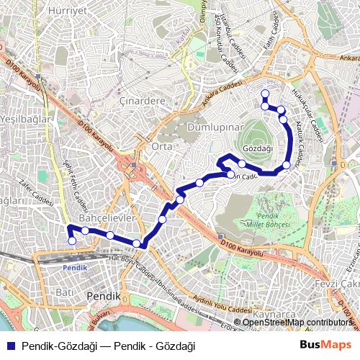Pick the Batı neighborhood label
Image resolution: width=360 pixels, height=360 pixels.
point(66,292)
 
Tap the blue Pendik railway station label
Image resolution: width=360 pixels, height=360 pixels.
point(74,267)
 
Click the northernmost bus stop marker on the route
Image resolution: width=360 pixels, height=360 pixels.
point(265,92)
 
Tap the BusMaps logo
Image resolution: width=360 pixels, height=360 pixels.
point(330,346)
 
